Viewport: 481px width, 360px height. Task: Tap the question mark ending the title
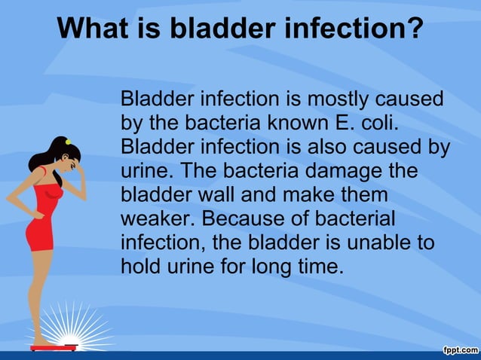(x=413, y=29)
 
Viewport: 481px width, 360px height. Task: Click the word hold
(x=139, y=266)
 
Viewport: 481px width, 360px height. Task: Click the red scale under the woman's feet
(x=54, y=347)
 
